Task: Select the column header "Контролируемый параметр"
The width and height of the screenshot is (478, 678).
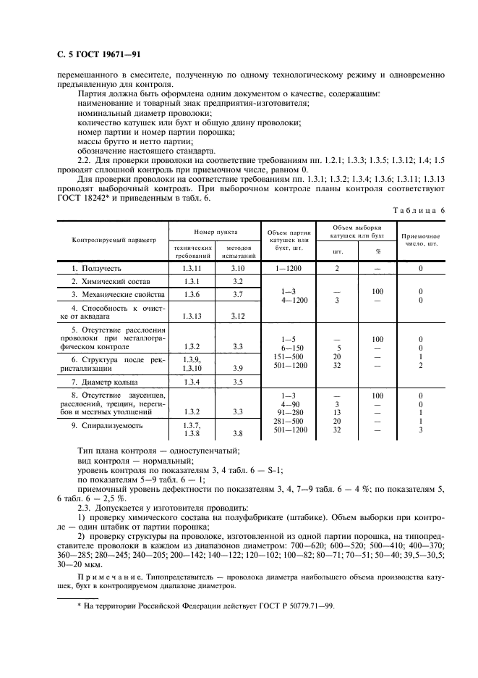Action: tap(114, 238)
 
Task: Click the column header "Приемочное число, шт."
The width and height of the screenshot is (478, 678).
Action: tap(420, 240)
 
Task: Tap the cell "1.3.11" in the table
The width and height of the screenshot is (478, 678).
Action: tap(192, 268)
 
